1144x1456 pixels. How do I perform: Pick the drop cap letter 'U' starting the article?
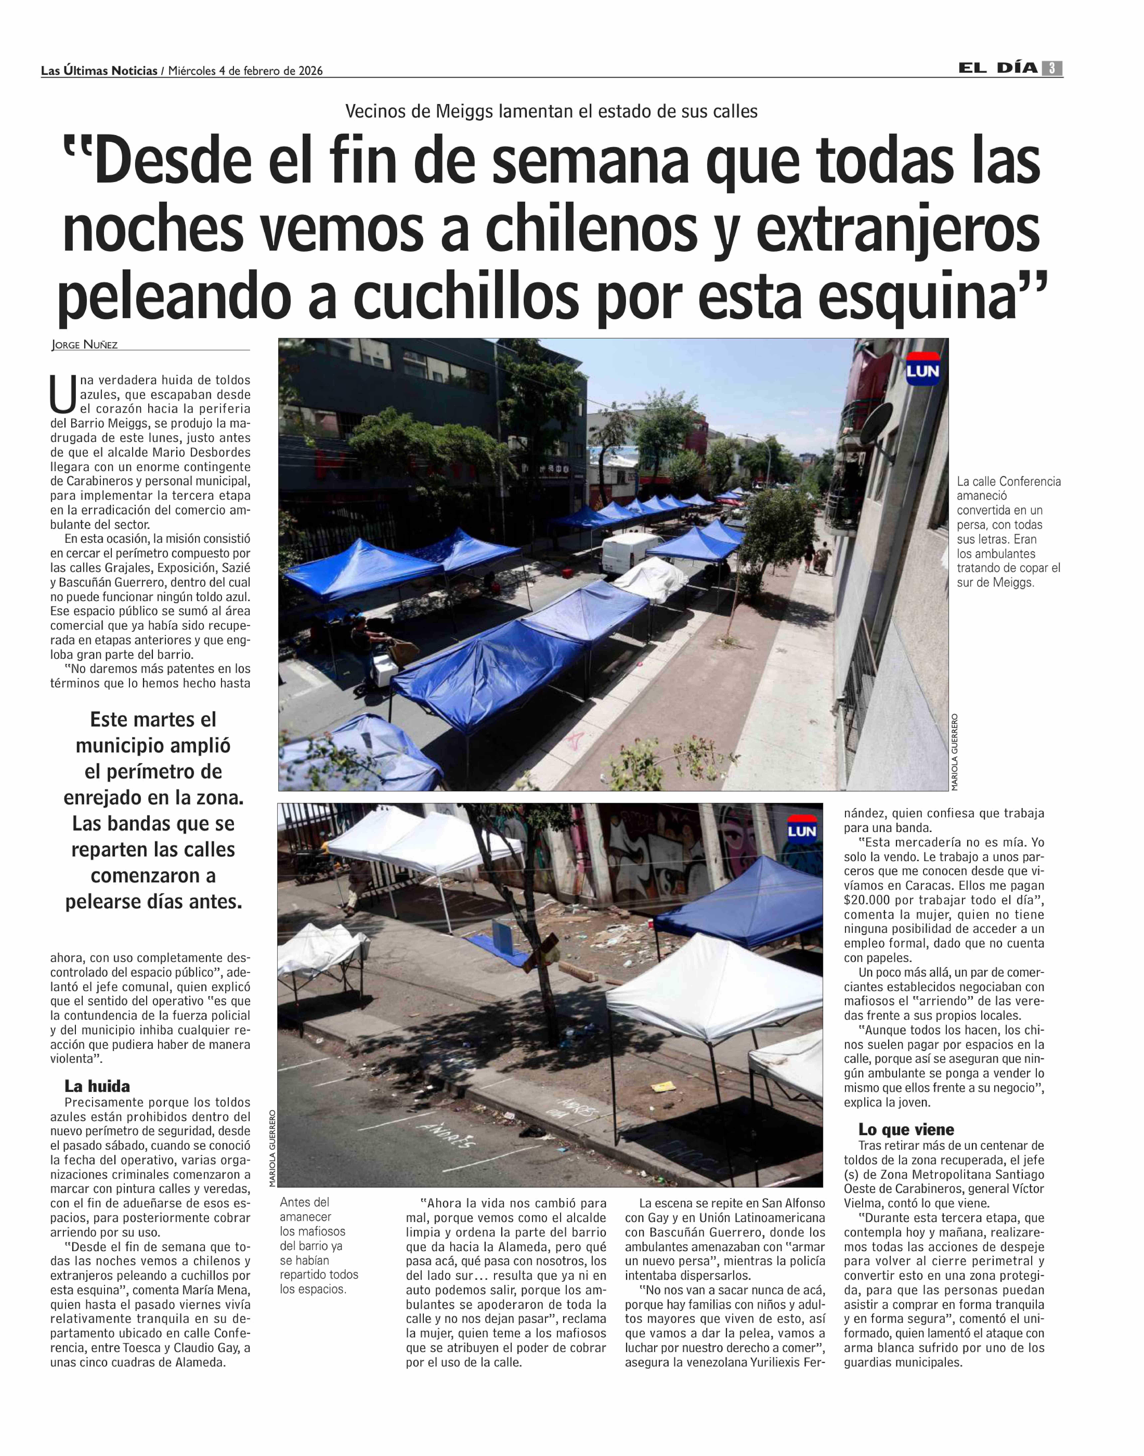pos(63,395)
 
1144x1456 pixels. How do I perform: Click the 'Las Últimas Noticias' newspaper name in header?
pos(99,70)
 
